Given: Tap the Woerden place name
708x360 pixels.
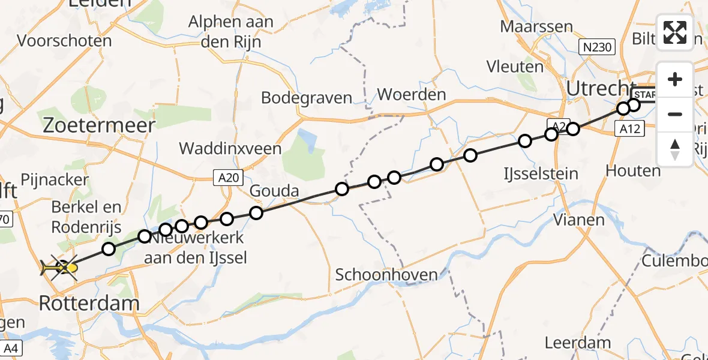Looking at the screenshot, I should [412, 95].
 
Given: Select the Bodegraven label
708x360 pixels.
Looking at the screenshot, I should [307, 98].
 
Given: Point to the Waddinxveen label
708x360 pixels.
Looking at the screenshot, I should [230, 149].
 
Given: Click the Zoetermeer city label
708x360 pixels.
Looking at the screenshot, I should [99, 125].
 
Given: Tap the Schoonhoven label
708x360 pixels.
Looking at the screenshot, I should [386, 275].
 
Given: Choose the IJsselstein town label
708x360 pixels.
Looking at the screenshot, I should [541, 175].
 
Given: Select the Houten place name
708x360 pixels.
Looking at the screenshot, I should [633, 171].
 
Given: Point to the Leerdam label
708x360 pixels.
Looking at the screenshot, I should [573, 343].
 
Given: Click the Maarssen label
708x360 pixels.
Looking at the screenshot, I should [537, 27].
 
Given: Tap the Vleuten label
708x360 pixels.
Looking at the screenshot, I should [515, 66].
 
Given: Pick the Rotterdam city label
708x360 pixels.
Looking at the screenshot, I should [89, 304].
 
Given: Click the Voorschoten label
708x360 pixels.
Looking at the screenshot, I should [65, 41].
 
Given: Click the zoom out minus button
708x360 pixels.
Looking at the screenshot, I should [675, 114].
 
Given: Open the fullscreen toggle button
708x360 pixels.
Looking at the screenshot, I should [675, 32].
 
